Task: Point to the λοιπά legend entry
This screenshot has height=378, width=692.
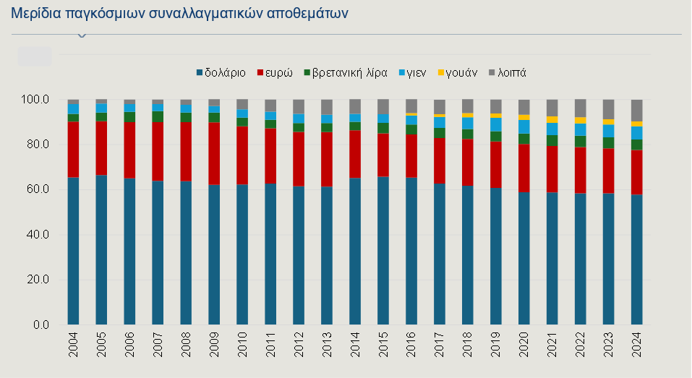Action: point(511,72)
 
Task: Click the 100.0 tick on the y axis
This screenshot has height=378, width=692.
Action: point(35,99)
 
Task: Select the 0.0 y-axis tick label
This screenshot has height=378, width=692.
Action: point(40,325)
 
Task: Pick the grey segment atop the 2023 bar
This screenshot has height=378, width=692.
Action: point(608,109)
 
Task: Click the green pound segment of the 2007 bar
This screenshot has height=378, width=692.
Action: point(158,116)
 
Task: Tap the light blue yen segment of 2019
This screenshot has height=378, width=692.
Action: point(495,124)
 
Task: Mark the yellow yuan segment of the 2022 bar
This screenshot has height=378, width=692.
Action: point(580,120)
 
